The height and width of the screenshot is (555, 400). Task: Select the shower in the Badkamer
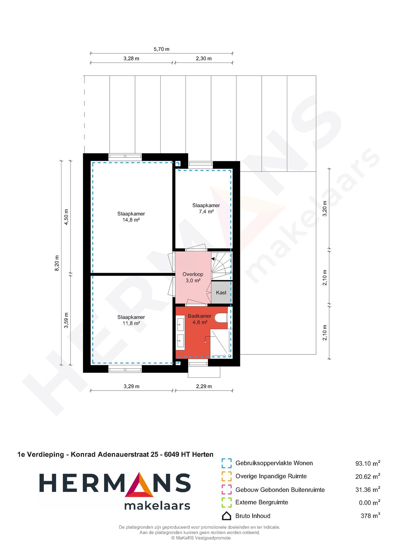pyautogui.click(x=220, y=343)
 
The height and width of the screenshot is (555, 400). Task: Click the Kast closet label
pyautogui.click(x=221, y=292)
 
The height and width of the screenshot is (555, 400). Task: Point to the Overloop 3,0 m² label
pyautogui.click(x=193, y=277)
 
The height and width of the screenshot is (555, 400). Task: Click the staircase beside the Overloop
pyautogui.click(x=221, y=266)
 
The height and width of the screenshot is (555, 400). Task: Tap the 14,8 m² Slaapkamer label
pyautogui.click(x=131, y=217)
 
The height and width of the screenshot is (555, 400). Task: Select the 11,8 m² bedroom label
pyautogui.click(x=131, y=320)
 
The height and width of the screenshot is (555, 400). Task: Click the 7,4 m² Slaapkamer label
pyautogui.click(x=206, y=208)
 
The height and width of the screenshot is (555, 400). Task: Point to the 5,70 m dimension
pyautogui.click(x=161, y=49)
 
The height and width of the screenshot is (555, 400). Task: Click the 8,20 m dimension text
pyautogui.click(x=57, y=263)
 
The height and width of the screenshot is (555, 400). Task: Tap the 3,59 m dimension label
pyautogui.click(x=66, y=320)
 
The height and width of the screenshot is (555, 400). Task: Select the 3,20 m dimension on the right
pyautogui.click(x=325, y=209)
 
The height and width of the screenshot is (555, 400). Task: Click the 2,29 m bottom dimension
pyautogui.click(x=204, y=386)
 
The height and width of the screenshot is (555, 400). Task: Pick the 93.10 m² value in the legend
pyautogui.click(x=367, y=463)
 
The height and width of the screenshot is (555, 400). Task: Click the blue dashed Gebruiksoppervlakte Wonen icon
pyautogui.click(x=227, y=463)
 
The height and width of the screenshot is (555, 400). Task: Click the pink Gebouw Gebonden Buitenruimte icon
pyautogui.click(x=227, y=489)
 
